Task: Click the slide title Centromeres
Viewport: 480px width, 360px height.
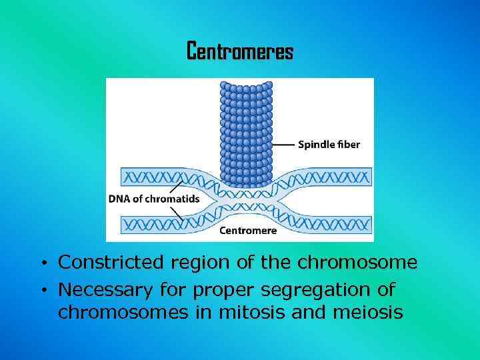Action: (x=239, y=51)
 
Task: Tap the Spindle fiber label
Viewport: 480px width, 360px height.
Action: (x=329, y=145)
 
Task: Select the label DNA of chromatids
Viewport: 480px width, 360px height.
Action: (x=153, y=198)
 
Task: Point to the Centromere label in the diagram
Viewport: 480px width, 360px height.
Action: (x=248, y=231)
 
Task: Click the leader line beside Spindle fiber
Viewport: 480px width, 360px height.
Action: (x=283, y=145)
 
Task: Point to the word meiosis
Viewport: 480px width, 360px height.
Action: (x=371, y=312)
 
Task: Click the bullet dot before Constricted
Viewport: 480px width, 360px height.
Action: (x=42, y=263)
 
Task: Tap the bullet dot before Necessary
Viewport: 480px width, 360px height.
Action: (x=42, y=291)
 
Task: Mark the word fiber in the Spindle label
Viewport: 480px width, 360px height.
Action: (x=349, y=145)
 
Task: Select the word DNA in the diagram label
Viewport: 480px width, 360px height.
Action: (x=119, y=198)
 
